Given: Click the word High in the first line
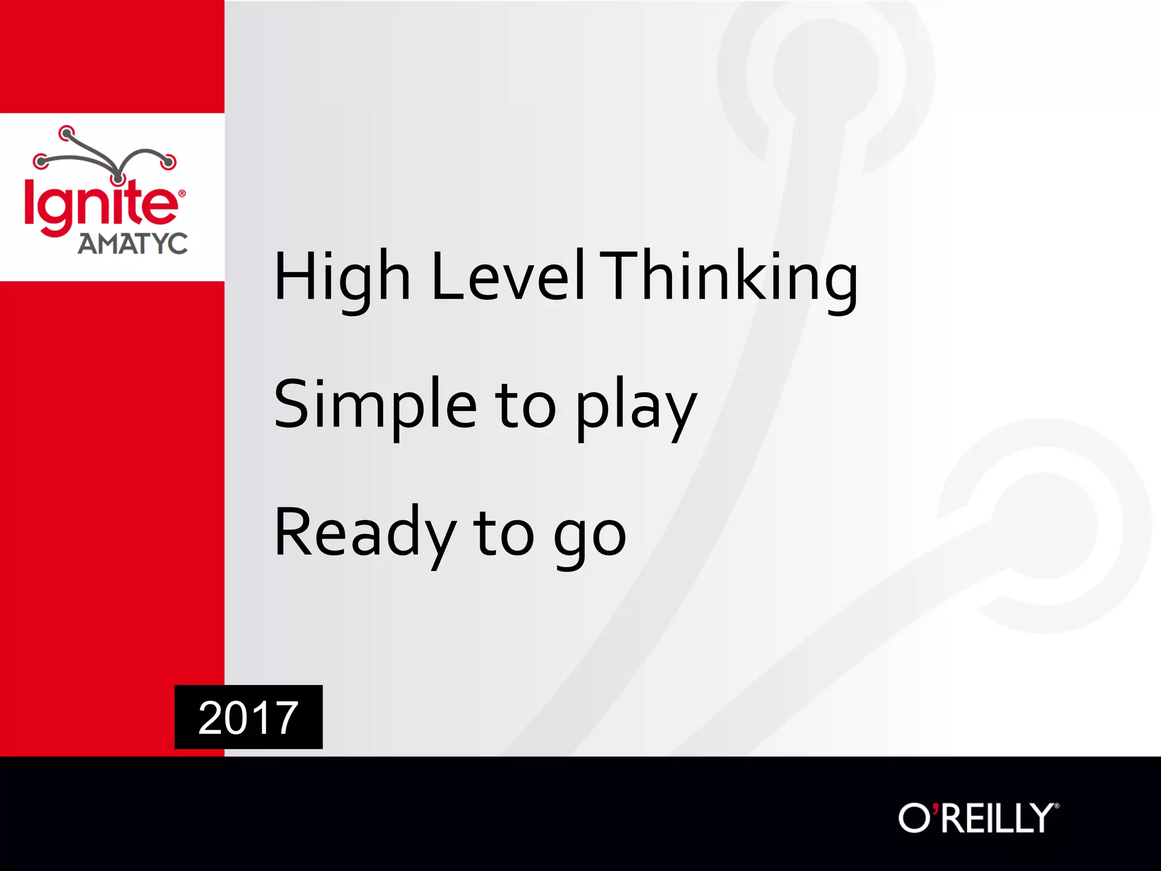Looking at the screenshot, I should click(x=341, y=278).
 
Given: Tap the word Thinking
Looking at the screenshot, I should click(x=728, y=278).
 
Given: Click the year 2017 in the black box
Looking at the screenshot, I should click(x=248, y=718).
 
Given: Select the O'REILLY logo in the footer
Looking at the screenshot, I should click(x=978, y=818).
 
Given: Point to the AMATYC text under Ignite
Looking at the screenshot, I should click(x=133, y=244).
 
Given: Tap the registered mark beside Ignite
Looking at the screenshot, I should click(x=182, y=193).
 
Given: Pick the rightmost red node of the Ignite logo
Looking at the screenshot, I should click(x=168, y=162).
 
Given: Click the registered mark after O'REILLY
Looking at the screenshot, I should click(x=1056, y=805).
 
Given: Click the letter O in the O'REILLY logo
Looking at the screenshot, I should click(x=914, y=818).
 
